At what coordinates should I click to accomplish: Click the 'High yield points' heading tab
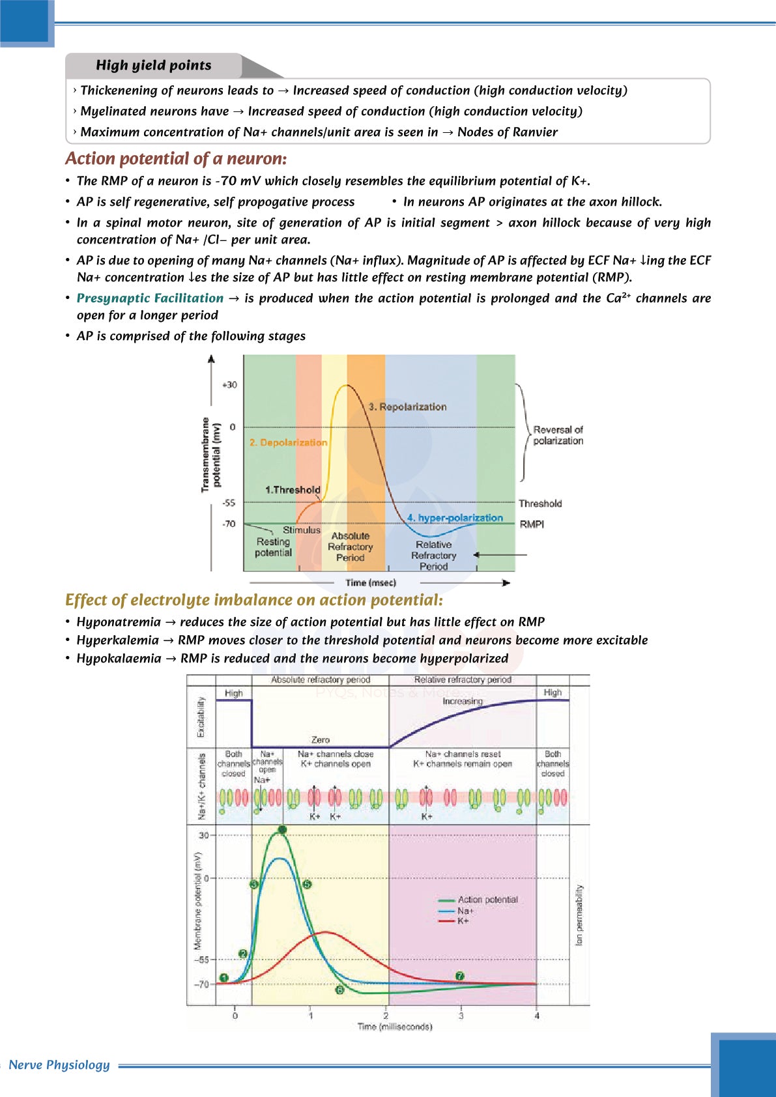pos(154,65)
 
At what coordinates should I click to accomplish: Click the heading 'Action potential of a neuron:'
pos(176,159)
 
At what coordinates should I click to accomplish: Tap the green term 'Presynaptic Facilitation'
pos(150,298)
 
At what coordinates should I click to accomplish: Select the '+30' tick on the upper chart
pos(229,385)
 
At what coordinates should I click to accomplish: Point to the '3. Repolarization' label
pos(407,406)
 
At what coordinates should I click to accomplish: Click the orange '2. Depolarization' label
pos(288,442)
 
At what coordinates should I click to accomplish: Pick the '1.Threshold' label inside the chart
pos(293,490)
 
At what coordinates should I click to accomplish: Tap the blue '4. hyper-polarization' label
pos(455,518)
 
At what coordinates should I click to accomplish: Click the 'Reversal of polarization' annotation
pos(558,435)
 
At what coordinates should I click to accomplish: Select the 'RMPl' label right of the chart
pos(532,524)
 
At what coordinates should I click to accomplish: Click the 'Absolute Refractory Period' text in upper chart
pos(350,547)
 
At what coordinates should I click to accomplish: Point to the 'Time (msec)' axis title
pos(371,583)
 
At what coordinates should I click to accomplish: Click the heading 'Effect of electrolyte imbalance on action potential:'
pos(254,600)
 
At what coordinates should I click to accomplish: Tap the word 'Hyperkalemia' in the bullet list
pos(118,640)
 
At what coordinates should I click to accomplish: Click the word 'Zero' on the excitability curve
pos(321,740)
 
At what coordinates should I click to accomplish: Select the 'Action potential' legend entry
pos(487,900)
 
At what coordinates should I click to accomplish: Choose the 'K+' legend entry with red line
pos(463,921)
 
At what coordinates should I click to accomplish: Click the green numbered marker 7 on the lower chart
pos(460,976)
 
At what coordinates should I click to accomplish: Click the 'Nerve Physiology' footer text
pos(59,1065)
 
